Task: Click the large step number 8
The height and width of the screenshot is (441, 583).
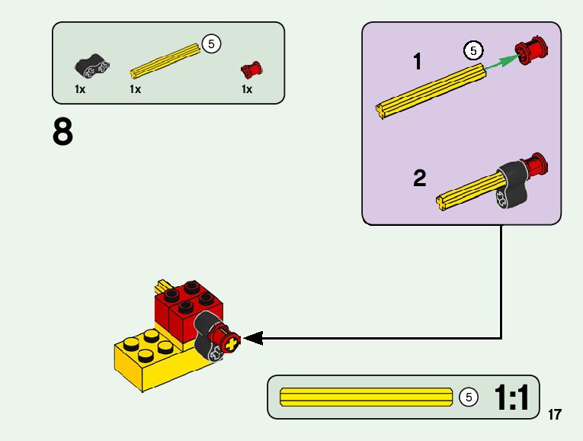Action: coord(63,133)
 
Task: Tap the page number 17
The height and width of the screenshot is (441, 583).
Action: coord(554,415)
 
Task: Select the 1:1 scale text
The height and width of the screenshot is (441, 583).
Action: coord(511,398)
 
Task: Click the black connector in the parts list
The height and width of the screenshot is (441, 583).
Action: coord(89,67)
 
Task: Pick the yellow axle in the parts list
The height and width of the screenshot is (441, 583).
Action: coord(165,62)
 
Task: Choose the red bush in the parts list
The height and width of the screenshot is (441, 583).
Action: coord(251,69)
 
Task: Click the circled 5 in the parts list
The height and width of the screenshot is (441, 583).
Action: coord(211,44)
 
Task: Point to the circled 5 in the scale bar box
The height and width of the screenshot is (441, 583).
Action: coord(469,398)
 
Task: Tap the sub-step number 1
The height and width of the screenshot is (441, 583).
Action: coord(417,62)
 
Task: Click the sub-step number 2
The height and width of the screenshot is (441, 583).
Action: coord(420,179)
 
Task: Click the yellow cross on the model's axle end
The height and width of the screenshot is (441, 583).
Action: coord(231,341)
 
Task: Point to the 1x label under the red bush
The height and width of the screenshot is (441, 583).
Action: coord(247,89)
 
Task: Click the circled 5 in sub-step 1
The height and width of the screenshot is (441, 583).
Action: coord(473,51)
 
